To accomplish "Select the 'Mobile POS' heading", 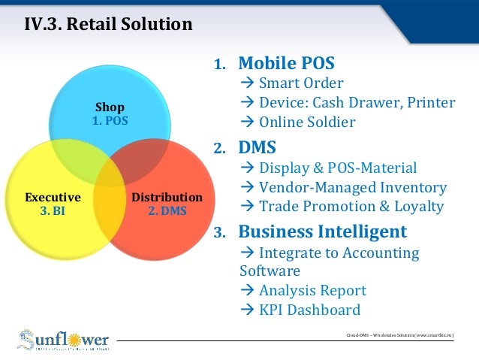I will tap(286, 63).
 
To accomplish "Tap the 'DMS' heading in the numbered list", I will tap(257, 147).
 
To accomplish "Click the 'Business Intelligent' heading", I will tap(322, 231).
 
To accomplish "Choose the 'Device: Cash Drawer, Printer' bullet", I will tap(357, 102).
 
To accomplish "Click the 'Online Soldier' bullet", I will tap(306, 122).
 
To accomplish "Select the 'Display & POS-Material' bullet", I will tap(338, 168).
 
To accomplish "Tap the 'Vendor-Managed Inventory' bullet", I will tap(352, 187).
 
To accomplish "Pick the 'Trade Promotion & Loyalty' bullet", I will tap(351, 207).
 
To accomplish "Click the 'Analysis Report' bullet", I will tap(312, 290).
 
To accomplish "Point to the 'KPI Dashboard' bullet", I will tap(309, 310).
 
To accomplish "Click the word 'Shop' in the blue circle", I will tap(110, 107).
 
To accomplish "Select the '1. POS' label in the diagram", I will tap(110, 120).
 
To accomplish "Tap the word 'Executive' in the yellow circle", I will tap(53, 198).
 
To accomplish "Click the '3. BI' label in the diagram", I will tap(53, 211).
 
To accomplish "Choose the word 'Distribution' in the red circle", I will tap(167, 198).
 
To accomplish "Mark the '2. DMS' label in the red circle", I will tap(167, 211).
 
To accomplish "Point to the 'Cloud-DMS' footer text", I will tap(397, 334).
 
